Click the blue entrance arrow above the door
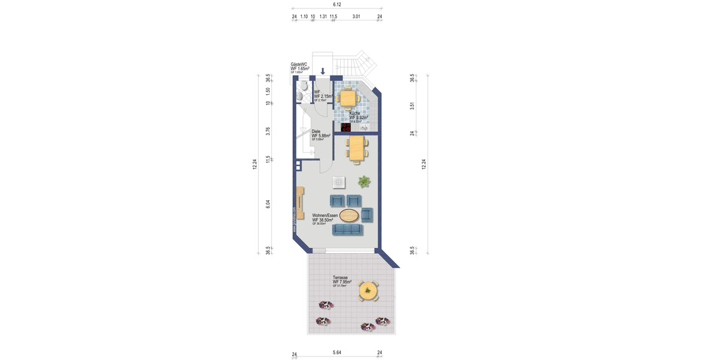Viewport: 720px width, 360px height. (x=323, y=71)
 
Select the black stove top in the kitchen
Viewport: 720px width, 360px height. (x=346, y=127)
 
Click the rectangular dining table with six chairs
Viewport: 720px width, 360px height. (x=356, y=148)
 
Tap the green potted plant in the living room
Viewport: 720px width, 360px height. (x=364, y=181)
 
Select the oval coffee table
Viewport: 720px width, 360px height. (x=349, y=215)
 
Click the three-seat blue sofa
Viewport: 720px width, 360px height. (x=347, y=229)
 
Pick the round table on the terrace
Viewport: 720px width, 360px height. (x=367, y=291)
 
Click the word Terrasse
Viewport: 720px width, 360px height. (x=340, y=278)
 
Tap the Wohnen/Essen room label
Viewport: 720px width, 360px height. (x=325, y=215)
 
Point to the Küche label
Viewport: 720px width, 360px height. (x=355, y=113)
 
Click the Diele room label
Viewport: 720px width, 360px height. (x=316, y=131)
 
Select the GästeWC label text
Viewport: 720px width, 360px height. (x=299, y=64)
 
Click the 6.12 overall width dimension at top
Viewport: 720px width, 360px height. (x=337, y=5)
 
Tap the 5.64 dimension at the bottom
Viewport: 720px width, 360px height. (x=337, y=353)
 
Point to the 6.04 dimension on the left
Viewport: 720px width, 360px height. (x=268, y=205)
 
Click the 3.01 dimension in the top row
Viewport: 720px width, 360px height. (x=356, y=17)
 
